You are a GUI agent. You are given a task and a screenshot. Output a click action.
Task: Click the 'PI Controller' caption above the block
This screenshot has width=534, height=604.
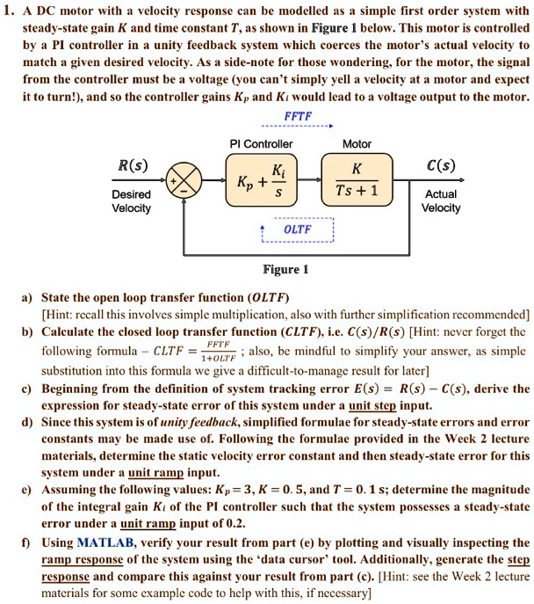coord(260,143)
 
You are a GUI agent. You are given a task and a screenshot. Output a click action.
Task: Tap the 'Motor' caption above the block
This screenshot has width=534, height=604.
coord(357,143)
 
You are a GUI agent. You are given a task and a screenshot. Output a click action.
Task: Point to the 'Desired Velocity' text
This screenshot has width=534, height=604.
coord(132,201)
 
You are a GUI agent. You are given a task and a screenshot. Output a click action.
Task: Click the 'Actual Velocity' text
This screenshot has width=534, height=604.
coord(441,201)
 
